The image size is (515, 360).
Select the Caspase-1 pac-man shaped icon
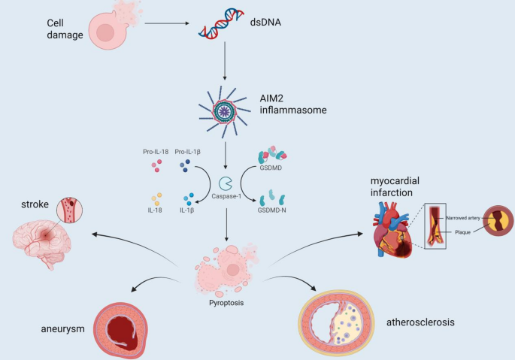click(226, 183)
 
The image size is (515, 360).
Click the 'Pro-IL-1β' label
click(189, 153)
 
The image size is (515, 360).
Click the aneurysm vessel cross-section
click(125, 329)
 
